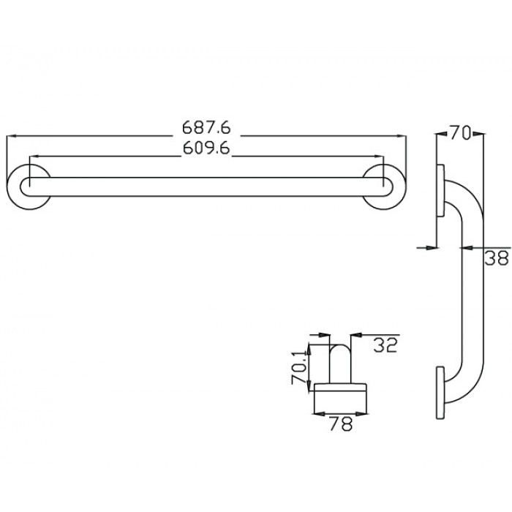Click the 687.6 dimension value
206,127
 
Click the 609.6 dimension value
206,148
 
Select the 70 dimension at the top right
459,132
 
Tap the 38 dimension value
497,257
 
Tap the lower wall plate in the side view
441,392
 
